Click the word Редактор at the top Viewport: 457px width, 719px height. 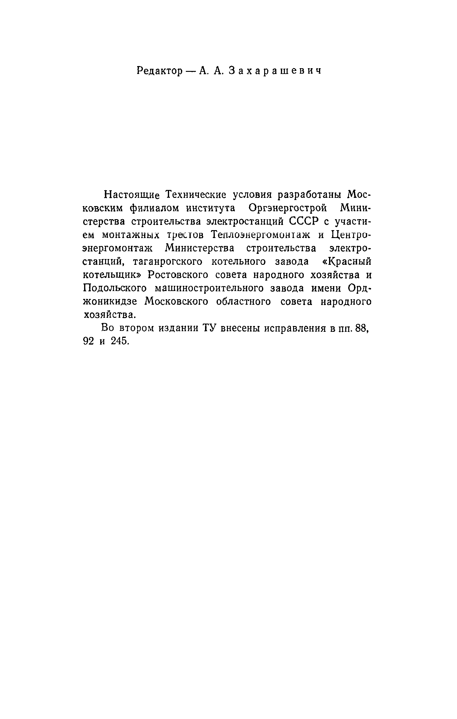[159, 71]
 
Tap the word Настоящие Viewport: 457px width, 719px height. [132, 194]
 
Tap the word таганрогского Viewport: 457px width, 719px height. [168, 261]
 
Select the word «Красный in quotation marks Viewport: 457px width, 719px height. [344, 261]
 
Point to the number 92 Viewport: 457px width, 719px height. [88, 342]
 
